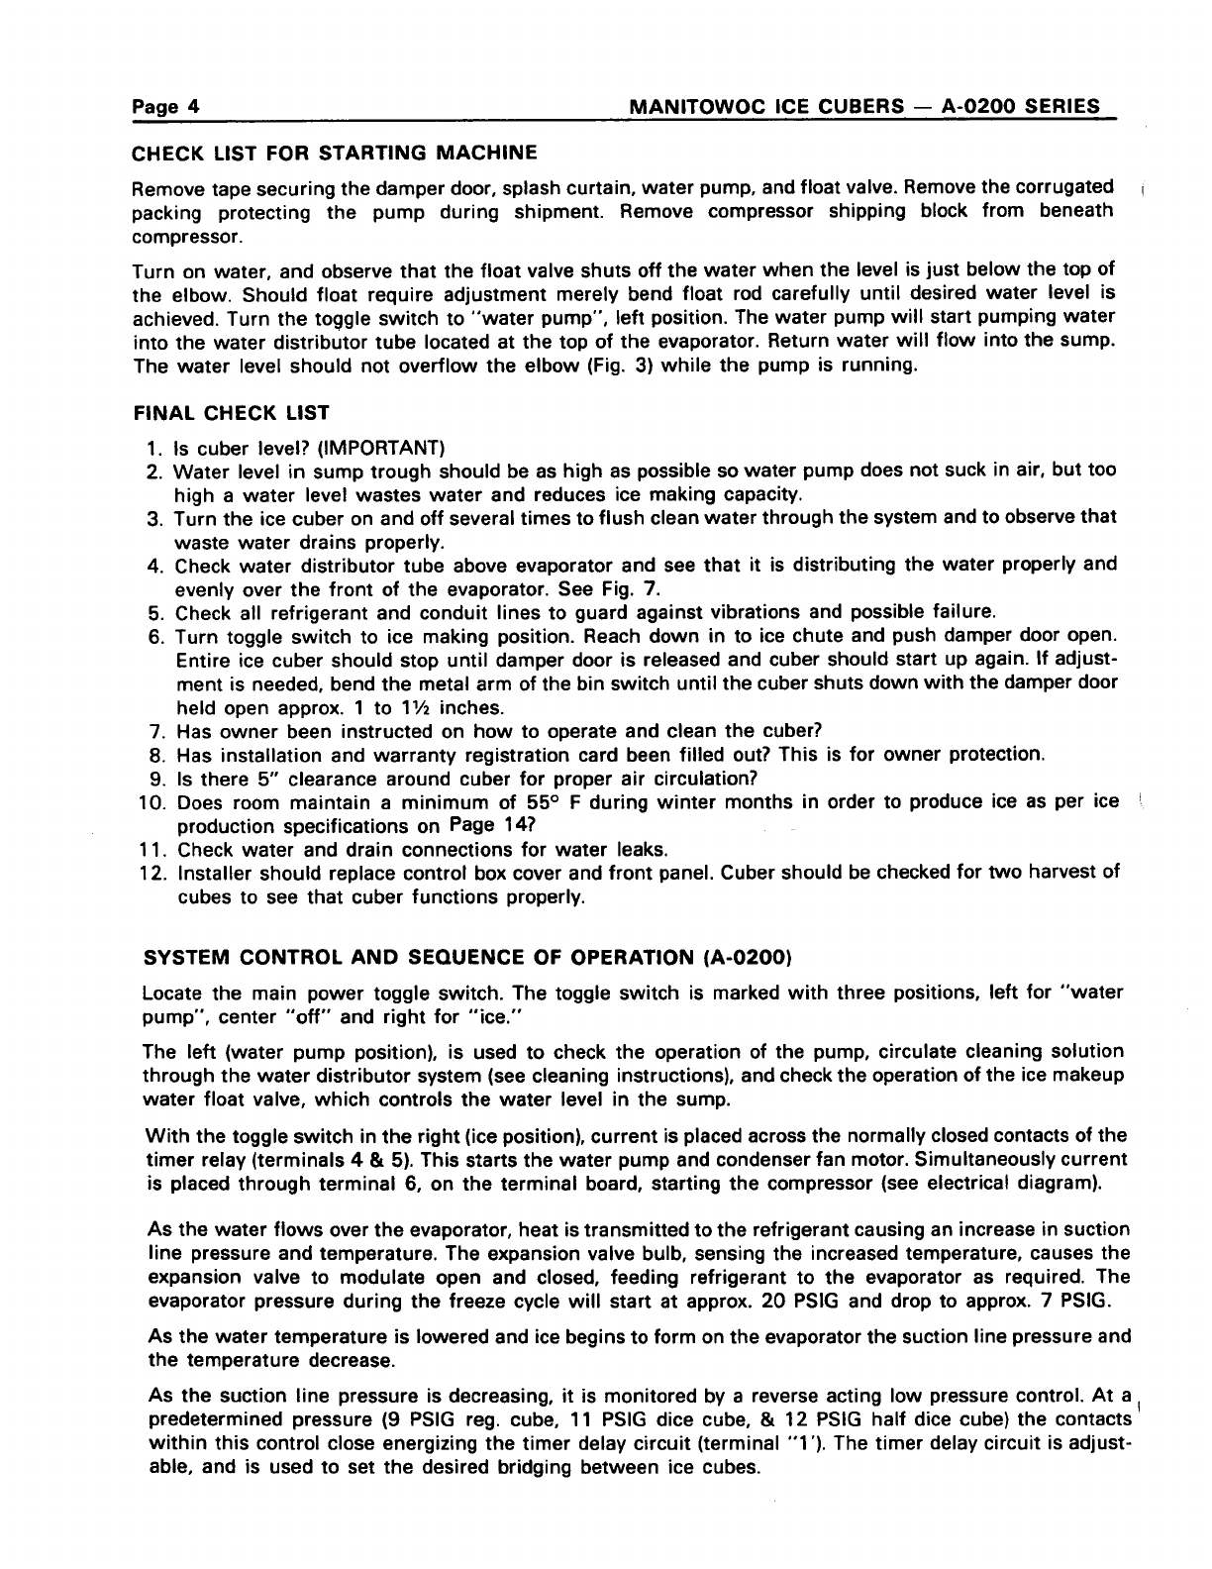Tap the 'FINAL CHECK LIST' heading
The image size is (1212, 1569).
pos(231,412)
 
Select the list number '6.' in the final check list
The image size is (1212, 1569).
pos(155,635)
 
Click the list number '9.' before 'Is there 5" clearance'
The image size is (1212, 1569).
pos(155,779)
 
